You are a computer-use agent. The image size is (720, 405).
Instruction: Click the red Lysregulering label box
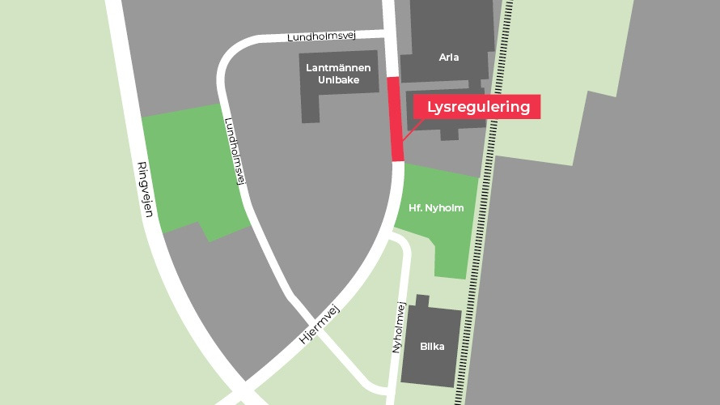(x=477, y=107)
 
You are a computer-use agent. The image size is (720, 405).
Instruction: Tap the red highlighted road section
(x=396, y=120)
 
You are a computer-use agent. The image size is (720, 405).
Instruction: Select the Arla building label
(x=449, y=58)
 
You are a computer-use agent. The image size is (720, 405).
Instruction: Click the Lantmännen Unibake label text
(x=339, y=75)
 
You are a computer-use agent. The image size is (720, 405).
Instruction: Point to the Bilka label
(x=431, y=346)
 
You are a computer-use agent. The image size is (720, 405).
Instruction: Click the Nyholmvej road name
(x=397, y=328)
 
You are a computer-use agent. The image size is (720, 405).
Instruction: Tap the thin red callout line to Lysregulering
(x=410, y=132)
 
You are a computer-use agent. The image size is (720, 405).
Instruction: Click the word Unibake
(x=339, y=81)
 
